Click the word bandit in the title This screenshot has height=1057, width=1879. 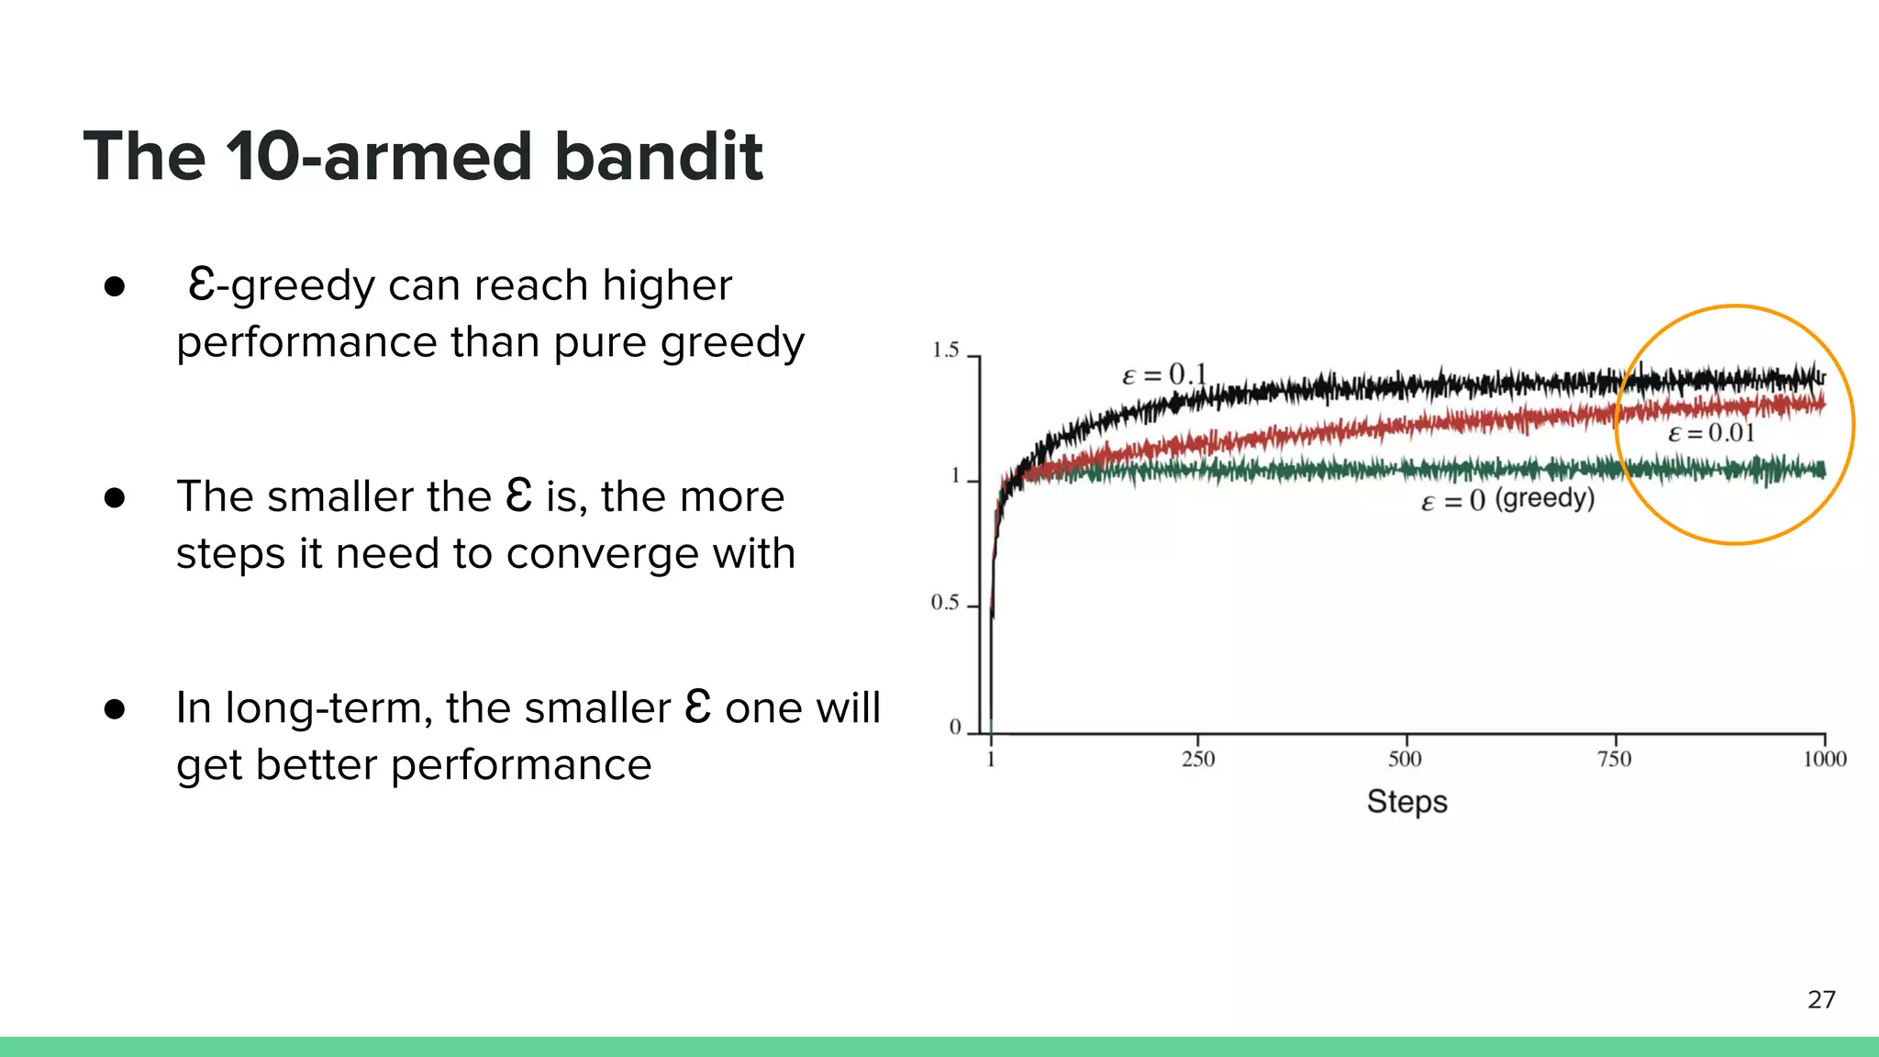658,156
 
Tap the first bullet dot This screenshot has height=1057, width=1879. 115,287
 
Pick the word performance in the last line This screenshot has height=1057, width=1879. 520,765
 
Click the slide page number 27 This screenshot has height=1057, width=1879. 1821,999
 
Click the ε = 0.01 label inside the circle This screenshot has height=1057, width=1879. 1711,433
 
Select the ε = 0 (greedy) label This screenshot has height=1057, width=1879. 1507,500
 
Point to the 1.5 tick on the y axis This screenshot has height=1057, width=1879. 945,350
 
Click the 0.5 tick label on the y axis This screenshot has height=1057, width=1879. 944,603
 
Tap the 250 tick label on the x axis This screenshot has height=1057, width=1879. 1197,759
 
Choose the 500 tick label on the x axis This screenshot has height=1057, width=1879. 1405,759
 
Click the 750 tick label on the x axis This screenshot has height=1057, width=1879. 1614,759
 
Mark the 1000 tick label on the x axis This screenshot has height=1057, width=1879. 1824,759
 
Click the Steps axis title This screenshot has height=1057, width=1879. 1406,801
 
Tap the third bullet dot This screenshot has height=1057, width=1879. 115,709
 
